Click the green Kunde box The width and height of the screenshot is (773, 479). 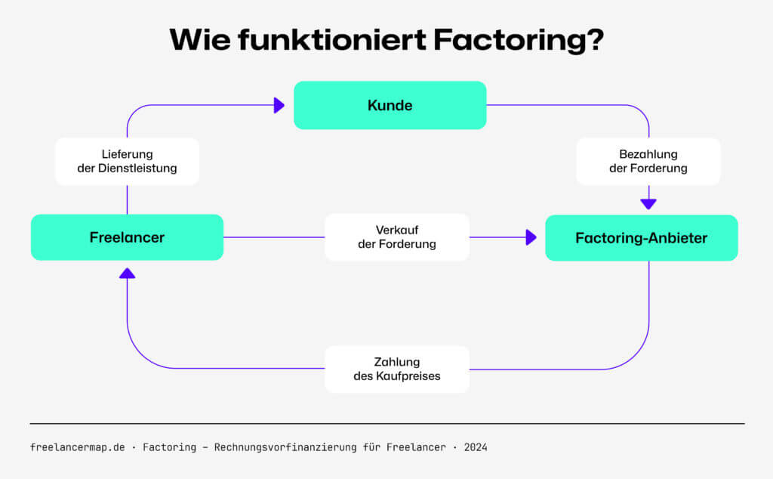(390, 105)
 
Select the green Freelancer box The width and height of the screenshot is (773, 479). (127, 237)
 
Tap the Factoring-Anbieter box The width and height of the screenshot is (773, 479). (641, 238)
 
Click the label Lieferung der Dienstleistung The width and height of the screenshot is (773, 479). (127, 161)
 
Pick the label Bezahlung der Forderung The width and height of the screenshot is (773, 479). (648, 161)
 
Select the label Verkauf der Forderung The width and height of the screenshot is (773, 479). (397, 237)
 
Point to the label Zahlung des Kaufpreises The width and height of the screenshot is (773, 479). (397, 369)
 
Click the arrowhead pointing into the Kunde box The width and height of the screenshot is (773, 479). (279, 105)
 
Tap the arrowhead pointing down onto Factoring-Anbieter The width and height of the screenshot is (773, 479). (648, 203)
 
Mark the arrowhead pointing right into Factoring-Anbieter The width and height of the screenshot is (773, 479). (531, 237)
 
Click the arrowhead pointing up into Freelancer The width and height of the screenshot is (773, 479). (127, 273)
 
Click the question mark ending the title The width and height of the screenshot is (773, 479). (594, 40)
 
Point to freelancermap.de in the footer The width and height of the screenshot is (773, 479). (77, 447)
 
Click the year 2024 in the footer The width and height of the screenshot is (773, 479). (476, 447)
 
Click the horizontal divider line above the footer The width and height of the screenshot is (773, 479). (386, 424)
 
